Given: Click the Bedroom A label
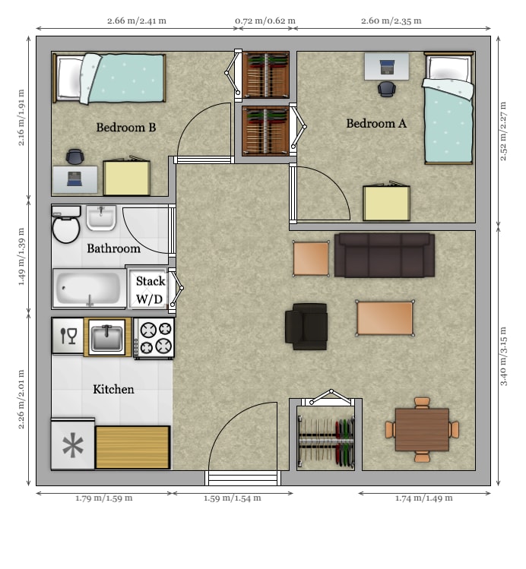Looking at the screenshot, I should (381, 123).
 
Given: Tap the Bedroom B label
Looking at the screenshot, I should (126, 127).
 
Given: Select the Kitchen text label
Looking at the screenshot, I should (113, 389).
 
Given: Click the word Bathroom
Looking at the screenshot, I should (113, 248).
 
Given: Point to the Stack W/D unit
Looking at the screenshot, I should (149, 289).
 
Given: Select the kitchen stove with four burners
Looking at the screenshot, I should (155, 337).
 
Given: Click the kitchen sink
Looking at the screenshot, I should (106, 336).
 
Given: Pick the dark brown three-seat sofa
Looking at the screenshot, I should (385, 255).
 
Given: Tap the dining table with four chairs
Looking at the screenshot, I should (422, 430).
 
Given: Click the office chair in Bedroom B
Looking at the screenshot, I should (74, 156).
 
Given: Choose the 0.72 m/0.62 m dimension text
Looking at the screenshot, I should (265, 21).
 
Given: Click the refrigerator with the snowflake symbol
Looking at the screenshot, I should (73, 445).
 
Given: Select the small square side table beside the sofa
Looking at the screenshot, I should (311, 258).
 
